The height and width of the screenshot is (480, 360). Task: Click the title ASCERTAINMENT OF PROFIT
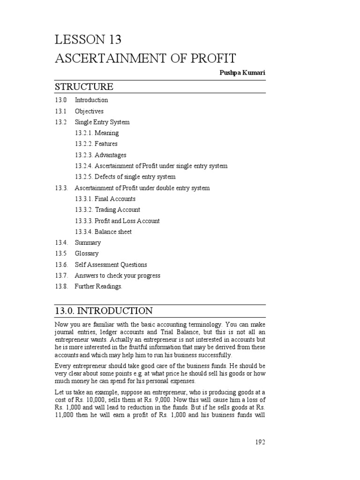point(145,59)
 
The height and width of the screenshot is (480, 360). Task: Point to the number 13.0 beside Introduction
point(61,100)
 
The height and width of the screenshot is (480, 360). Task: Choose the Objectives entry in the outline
point(89,111)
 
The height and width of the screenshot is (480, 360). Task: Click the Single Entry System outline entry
point(102,122)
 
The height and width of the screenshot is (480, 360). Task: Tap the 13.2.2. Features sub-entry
point(96,144)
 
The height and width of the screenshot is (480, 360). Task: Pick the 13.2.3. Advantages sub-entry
point(100,155)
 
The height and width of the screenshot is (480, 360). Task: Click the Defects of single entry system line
point(125,177)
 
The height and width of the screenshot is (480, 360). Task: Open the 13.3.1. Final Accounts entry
point(105,199)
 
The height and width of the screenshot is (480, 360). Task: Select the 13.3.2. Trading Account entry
point(107,210)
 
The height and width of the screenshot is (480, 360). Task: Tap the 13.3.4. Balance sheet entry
point(103,232)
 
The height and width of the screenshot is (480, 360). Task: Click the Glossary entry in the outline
point(87,254)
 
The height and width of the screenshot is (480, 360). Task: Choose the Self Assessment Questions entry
point(111,264)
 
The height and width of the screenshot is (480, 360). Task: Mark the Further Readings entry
point(98,286)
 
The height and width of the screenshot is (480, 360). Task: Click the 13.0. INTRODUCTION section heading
point(104,311)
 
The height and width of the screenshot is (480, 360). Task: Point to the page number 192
point(261,442)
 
